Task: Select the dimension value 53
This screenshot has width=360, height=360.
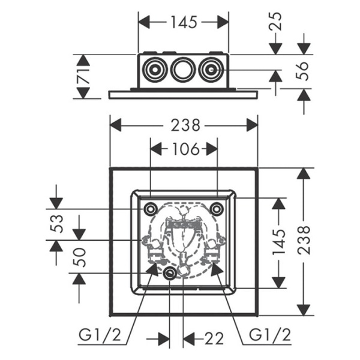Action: coord(56,223)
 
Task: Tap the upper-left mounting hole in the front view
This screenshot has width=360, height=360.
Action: coord(150,209)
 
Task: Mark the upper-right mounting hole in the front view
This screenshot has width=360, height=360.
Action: coord(217,209)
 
